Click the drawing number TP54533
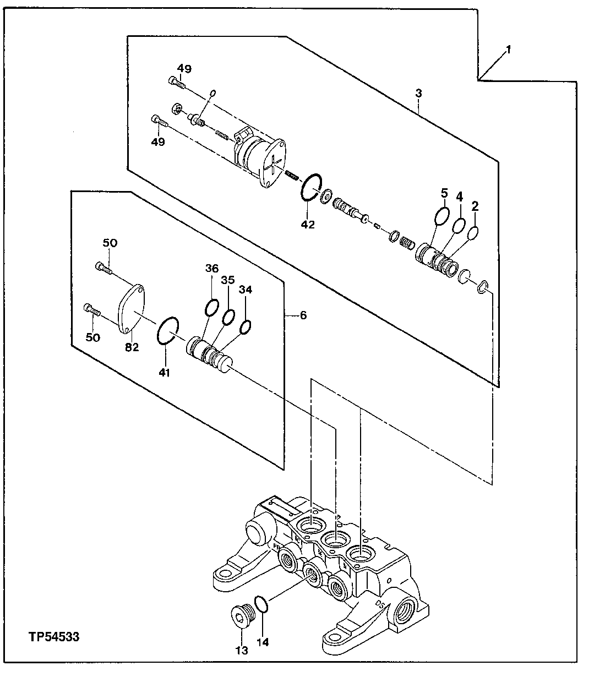pyautogui.click(x=54, y=637)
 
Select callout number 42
pyautogui.click(x=308, y=225)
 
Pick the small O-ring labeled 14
pyautogui.click(x=262, y=604)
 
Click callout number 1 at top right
pyautogui.click(x=508, y=50)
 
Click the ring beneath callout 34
pyautogui.click(x=246, y=327)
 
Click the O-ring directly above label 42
pyautogui.click(x=310, y=188)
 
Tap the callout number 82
pyautogui.click(x=132, y=347)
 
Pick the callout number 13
pyautogui.click(x=242, y=650)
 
